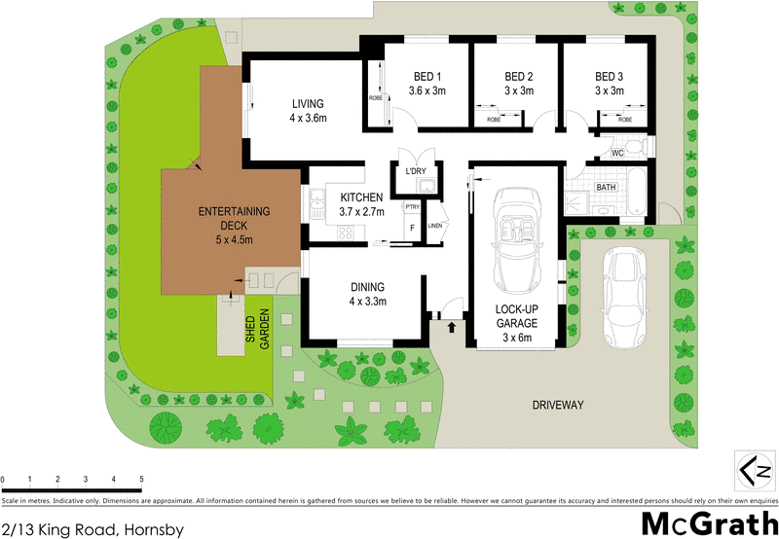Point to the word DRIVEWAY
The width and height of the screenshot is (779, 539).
(558, 404)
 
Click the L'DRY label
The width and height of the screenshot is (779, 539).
(418, 172)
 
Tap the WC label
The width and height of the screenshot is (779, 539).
(616, 154)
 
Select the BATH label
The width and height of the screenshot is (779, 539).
(606, 187)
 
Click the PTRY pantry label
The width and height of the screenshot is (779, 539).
(412, 206)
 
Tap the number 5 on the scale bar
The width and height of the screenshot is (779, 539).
(142, 480)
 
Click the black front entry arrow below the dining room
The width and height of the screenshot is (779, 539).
(452, 328)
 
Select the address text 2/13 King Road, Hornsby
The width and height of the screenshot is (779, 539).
(93, 528)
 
